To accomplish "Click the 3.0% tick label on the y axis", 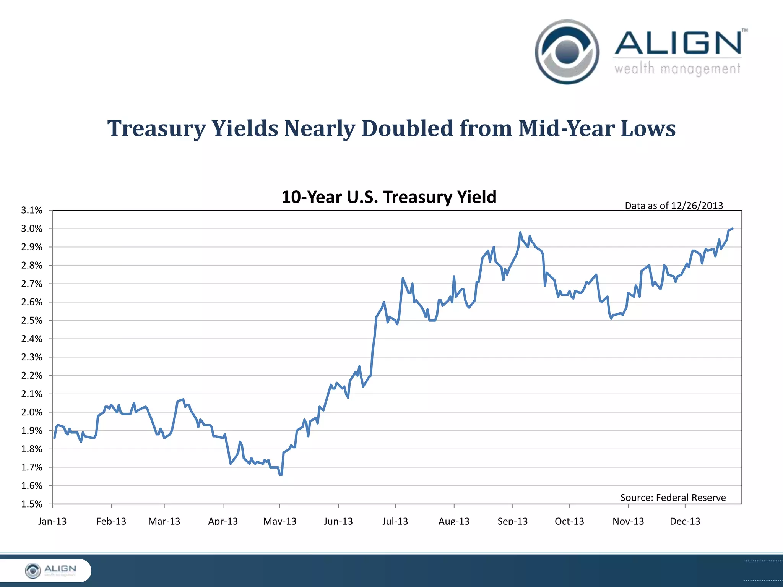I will (32, 229).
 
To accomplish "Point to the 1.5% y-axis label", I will (32, 504).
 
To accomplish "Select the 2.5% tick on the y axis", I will (32, 320).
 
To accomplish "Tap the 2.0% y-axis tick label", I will (32, 412).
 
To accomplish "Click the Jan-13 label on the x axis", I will (52, 521).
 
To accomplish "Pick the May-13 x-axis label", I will (280, 521).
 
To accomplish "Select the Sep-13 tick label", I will (512, 521).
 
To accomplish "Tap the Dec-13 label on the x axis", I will (685, 521).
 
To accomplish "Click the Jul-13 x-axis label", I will (395, 521).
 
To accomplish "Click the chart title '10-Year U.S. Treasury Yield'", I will (389, 197).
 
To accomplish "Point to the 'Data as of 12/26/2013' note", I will (674, 206).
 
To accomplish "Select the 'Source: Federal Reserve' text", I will (673, 497).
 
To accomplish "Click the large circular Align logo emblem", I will (567, 52).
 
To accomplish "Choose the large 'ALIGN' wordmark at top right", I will (678, 43).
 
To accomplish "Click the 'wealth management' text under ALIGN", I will (677, 69).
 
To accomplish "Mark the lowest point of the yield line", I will (281, 475).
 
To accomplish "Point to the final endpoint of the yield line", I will (732, 229).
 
